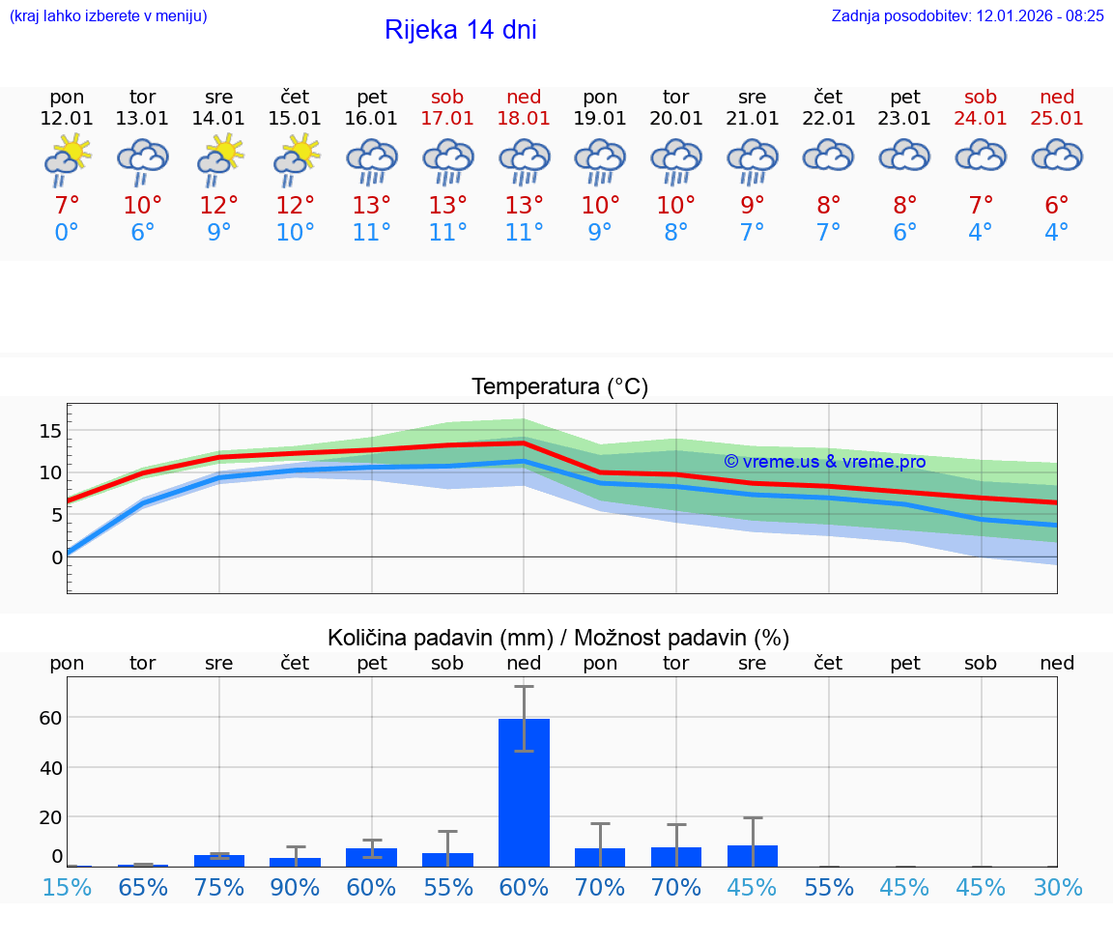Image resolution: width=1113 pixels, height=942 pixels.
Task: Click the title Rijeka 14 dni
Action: coord(460,30)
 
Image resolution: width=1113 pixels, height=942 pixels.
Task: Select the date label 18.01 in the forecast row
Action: coord(524,119)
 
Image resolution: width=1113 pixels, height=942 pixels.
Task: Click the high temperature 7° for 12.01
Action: coord(67,206)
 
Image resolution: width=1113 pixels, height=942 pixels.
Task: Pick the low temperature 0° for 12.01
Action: coord(67,233)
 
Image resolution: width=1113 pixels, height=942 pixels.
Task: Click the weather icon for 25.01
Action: coord(1057,156)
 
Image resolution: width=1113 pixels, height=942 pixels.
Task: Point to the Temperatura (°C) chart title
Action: coord(559,387)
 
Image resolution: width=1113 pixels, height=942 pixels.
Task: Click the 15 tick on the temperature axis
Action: coord(50,430)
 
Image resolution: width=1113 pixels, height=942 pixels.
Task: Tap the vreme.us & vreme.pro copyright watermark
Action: coord(824,462)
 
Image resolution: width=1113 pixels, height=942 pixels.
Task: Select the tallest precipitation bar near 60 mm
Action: coord(524,792)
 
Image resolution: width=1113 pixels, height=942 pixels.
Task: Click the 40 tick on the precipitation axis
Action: coord(50,767)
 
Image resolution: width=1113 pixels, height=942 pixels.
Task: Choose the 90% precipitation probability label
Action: coord(295,887)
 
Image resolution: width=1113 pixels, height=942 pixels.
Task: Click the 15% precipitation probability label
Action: coord(67,887)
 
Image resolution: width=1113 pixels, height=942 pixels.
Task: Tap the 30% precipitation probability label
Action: coord(1057,887)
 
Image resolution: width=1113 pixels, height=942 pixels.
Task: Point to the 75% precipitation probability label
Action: coord(219,887)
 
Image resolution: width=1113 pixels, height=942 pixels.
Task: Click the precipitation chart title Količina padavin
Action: coord(558,638)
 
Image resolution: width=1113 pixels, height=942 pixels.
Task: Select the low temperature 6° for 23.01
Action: coord(904,233)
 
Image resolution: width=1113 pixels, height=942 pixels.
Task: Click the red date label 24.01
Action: coord(981,119)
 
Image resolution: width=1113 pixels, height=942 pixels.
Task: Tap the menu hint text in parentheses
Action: coord(108,15)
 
